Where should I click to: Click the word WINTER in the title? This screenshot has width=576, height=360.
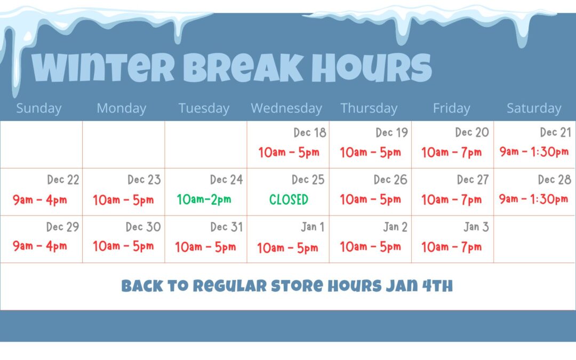[x=103, y=67]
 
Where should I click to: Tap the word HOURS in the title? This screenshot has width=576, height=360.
[x=372, y=67]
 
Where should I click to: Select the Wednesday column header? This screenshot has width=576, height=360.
[x=286, y=108]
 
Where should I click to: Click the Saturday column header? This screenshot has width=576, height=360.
[x=534, y=108]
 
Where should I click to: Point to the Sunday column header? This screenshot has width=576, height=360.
[x=38, y=108]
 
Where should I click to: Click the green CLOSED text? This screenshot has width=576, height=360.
[x=289, y=199]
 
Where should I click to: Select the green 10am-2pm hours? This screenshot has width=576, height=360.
[x=204, y=199]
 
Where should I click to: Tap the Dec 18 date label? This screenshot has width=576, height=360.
[x=310, y=132]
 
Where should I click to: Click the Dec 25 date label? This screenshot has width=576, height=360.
[x=308, y=179]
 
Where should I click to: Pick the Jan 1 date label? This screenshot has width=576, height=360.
[x=313, y=227]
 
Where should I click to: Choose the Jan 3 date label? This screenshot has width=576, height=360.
[x=476, y=227]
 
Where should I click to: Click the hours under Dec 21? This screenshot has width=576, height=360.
[x=534, y=151]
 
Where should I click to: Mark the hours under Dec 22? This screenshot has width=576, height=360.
[x=39, y=200]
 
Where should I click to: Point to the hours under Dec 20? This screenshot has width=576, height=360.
[x=451, y=152]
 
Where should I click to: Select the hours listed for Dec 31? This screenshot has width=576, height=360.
[x=205, y=247]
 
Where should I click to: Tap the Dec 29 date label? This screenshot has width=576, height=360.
[x=62, y=227]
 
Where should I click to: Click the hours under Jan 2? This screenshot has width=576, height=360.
[x=370, y=246]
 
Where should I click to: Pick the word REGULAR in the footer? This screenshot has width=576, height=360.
[x=230, y=286]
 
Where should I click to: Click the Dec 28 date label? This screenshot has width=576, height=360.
[x=554, y=179]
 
